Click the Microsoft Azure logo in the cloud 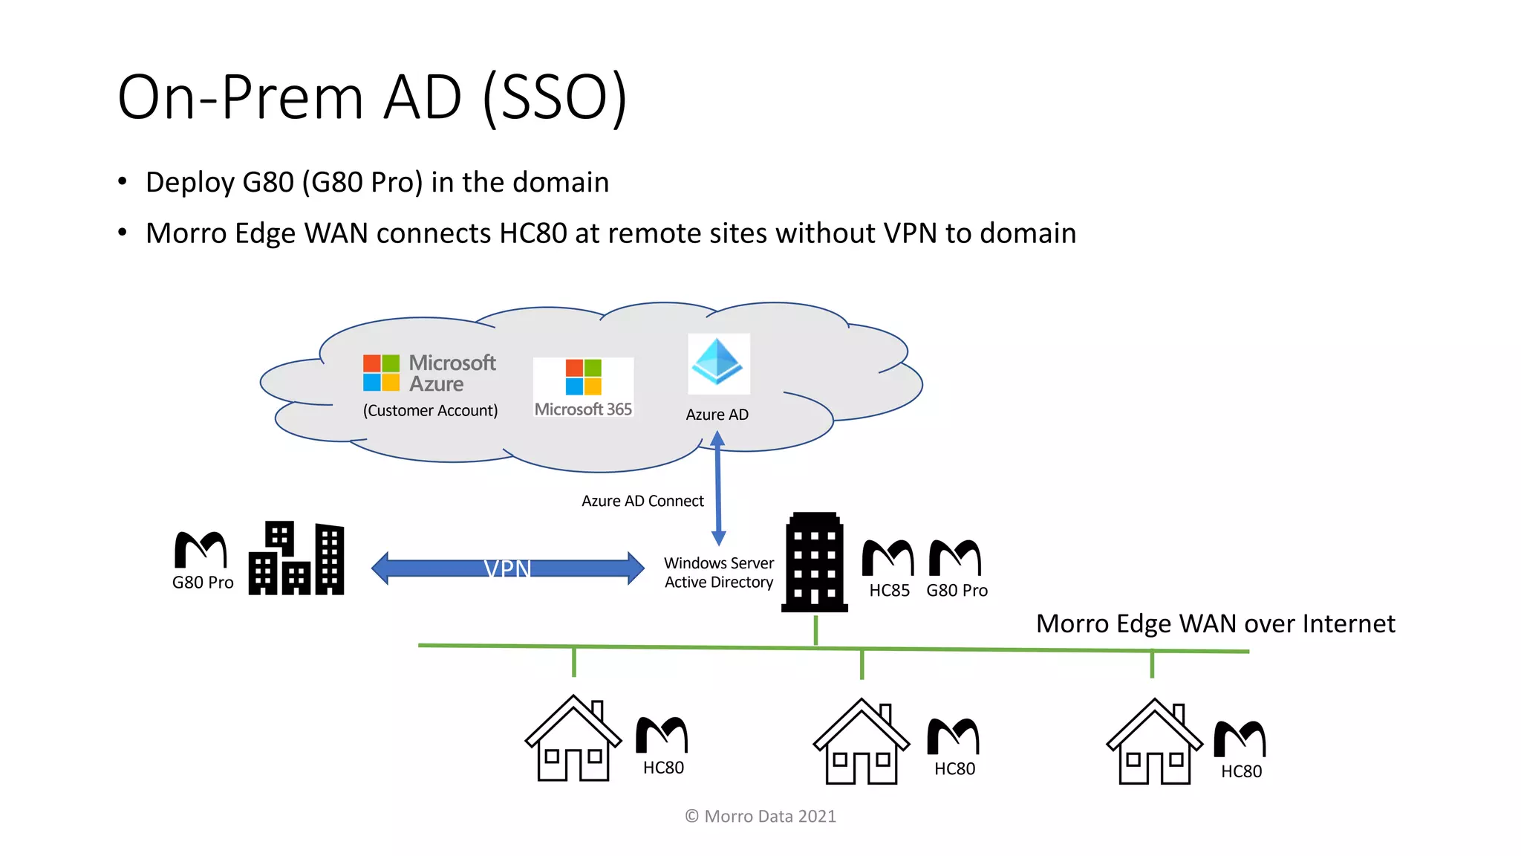pos(429,373)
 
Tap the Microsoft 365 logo pos(583,387)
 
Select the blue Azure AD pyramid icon pos(717,363)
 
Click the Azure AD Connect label pos(642,501)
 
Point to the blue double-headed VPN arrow pos(508,568)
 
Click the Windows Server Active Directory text pos(718,573)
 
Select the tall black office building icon pos(814,562)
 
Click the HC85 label pos(889,591)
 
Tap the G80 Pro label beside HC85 pos(957,591)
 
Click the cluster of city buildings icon pos(296,559)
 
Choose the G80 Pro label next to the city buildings pos(203,583)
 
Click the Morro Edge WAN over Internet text pos(1215,623)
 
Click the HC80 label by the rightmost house pos(1241,771)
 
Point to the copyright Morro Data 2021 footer pos(760,816)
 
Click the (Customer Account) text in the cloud pos(430,410)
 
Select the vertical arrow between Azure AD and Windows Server pos(717,490)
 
